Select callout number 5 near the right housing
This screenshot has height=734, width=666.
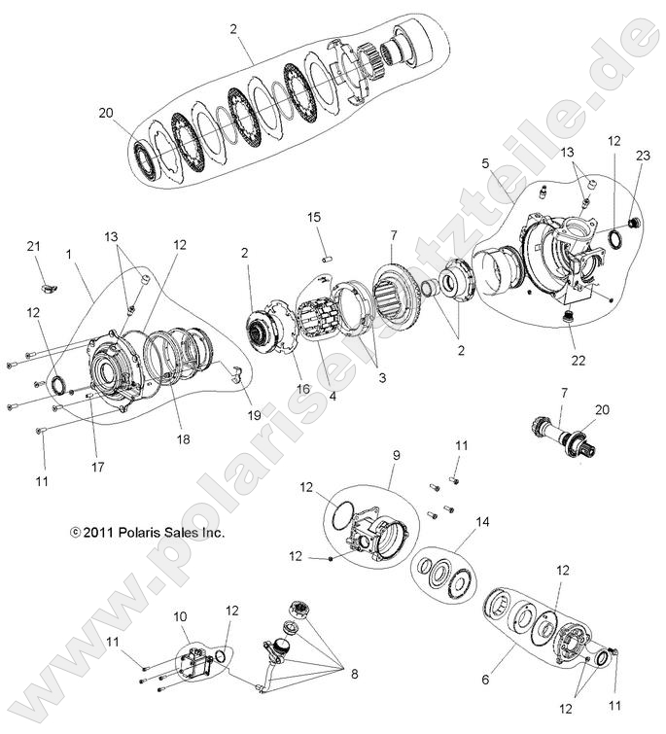(x=483, y=164)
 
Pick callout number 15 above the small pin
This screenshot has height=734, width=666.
(x=314, y=216)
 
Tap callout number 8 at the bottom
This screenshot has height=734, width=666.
(x=354, y=673)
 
